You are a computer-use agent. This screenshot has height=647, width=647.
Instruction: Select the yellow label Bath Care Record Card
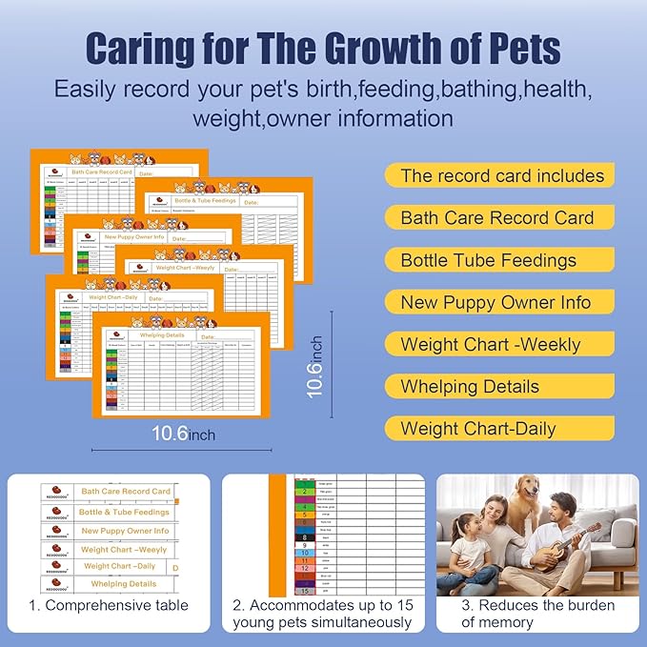coord(496,218)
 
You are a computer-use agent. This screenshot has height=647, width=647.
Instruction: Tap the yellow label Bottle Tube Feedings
coord(488,260)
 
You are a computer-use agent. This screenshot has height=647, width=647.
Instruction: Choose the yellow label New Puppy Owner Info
coord(495,302)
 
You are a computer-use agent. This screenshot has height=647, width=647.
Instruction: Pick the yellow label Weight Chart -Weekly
coord(490,344)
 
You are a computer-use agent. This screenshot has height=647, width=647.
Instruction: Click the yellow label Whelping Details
coord(470,386)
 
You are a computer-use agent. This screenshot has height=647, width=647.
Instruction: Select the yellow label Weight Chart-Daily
coord(477,428)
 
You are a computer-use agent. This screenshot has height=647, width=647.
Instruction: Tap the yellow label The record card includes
coord(502,175)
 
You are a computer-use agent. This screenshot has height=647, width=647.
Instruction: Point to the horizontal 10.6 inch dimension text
coord(184,434)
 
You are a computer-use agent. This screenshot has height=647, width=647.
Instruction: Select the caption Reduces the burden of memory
coord(538,614)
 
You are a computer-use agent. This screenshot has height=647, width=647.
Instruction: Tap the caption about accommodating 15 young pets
coord(322,614)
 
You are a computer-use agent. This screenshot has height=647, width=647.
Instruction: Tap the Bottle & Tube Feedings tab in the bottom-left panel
coord(124,512)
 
